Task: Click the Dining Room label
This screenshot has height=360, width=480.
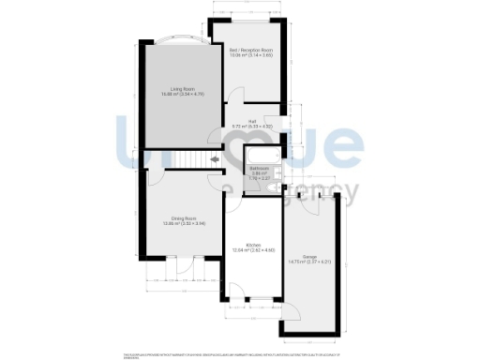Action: point(170,217)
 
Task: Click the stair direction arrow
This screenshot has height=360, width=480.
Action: point(217,160)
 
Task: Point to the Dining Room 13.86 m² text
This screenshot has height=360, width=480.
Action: point(170,223)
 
